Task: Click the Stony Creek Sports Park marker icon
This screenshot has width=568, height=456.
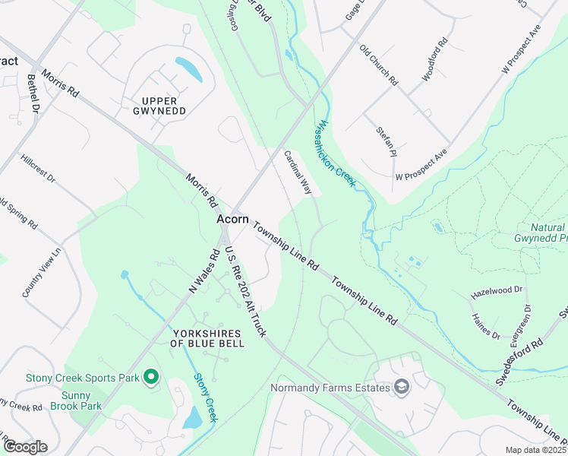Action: click(150, 376)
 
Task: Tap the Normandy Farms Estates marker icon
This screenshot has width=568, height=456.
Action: click(401, 388)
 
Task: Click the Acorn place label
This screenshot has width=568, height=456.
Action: click(232, 219)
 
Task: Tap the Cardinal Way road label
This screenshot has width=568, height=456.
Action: click(298, 171)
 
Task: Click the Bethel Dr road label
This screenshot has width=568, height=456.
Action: click(33, 93)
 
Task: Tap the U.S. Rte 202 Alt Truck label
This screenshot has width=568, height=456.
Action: click(245, 293)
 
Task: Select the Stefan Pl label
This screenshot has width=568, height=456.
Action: click(387, 141)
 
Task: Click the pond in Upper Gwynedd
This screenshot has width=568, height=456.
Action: click(190, 69)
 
